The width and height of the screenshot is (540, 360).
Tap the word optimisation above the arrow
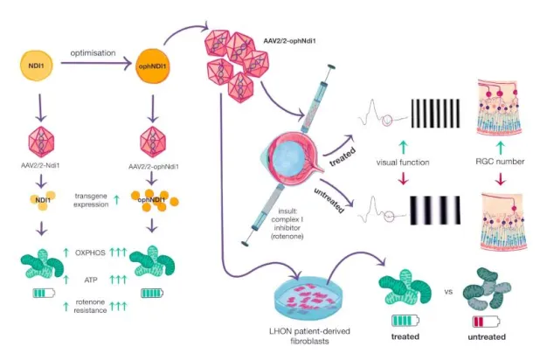click(93, 53)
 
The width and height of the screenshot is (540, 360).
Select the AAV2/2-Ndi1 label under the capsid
click(38, 166)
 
